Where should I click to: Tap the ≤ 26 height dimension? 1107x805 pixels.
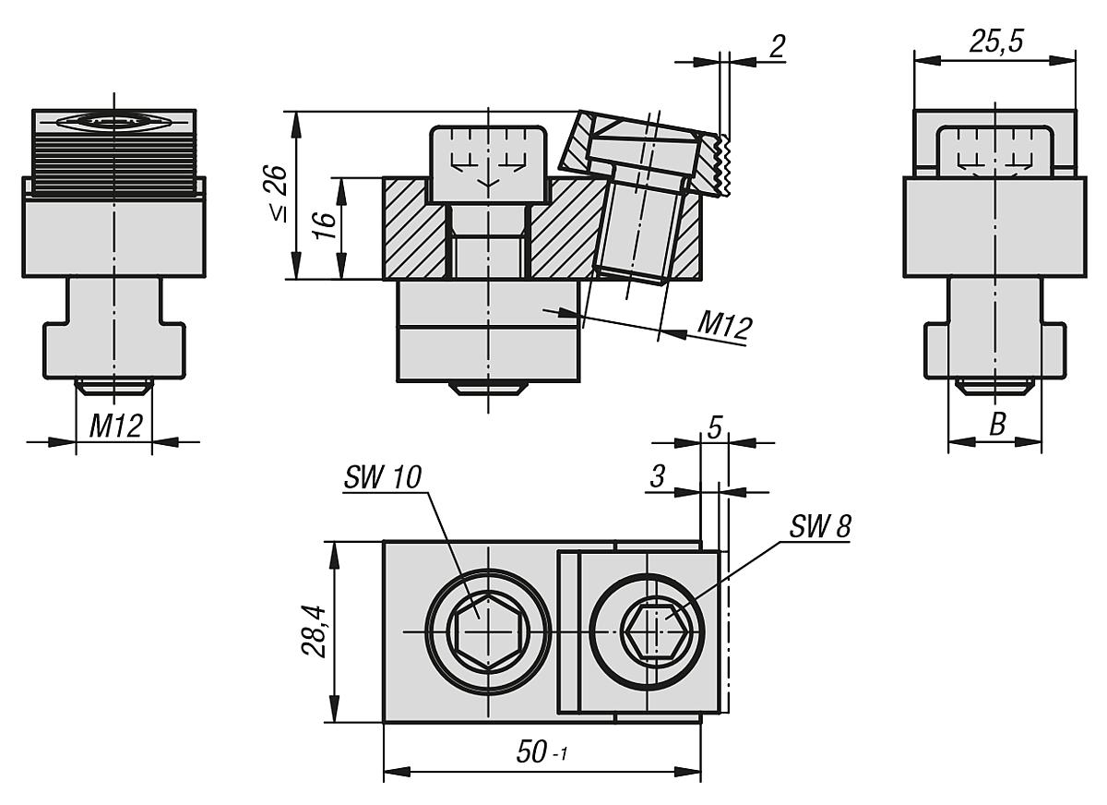(275, 195)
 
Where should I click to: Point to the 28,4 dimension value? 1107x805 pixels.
(315, 631)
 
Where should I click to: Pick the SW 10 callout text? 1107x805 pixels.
(381, 477)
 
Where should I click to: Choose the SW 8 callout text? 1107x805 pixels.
(820, 526)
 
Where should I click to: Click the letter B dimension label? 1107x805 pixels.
(996, 425)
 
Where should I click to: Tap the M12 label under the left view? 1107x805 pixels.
(114, 426)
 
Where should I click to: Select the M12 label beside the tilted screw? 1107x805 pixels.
(724, 325)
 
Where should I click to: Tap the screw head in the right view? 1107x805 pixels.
(994, 152)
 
